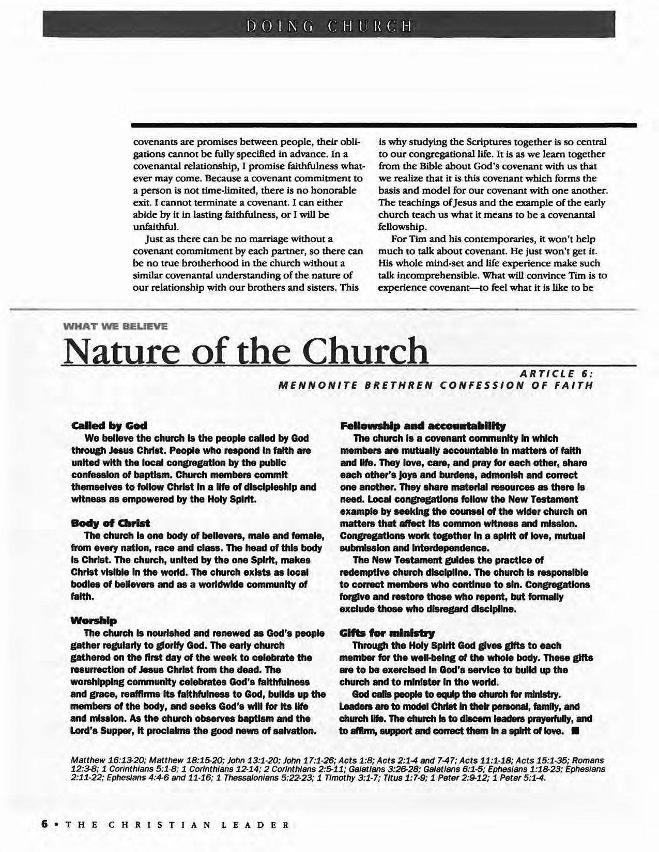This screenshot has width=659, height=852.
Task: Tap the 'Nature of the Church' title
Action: coord(244,351)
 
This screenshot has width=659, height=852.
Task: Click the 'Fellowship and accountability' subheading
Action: coord(422,426)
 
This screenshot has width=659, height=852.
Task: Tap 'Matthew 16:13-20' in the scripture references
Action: coord(102,761)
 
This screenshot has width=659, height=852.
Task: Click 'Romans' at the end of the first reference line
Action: coord(589,761)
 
